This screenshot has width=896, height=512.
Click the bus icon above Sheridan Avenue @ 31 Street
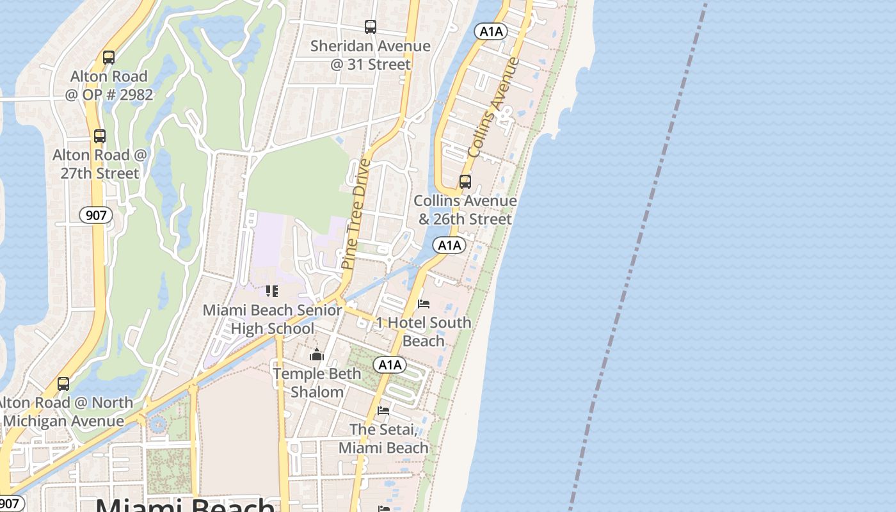(x=371, y=27)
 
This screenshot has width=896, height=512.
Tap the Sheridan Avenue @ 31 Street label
(x=371, y=55)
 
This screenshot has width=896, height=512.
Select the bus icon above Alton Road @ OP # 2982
(x=109, y=58)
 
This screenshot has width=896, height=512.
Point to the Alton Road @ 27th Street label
(x=100, y=164)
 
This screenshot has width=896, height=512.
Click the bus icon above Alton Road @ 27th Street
(x=100, y=136)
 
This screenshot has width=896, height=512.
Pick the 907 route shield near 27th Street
(x=96, y=215)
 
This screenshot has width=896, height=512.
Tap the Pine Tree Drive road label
(x=356, y=214)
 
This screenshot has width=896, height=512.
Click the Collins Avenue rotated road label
(x=493, y=108)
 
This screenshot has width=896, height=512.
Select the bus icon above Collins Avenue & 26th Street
(x=465, y=182)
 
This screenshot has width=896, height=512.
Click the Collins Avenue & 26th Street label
(x=465, y=210)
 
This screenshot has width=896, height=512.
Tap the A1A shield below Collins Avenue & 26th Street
(x=449, y=245)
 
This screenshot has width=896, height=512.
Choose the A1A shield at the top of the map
(x=491, y=31)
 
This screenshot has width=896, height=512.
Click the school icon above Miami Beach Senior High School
(x=272, y=291)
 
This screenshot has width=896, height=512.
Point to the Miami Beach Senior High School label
(x=272, y=319)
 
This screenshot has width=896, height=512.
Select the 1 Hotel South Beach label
(x=423, y=332)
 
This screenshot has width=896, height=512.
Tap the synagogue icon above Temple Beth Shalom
(x=317, y=355)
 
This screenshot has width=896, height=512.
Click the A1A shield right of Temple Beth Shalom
(x=390, y=365)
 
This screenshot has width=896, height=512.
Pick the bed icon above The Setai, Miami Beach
(x=383, y=410)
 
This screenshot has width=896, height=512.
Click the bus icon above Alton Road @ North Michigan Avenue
(x=63, y=384)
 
